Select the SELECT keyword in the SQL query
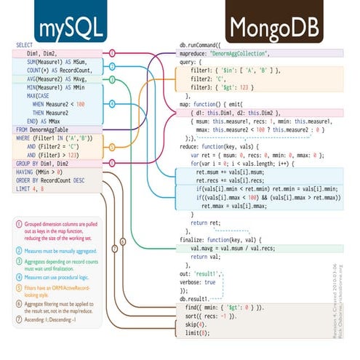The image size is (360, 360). [x=24, y=45]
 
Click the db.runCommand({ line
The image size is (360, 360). [x=209, y=45]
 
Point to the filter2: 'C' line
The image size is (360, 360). [x=211, y=79]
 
